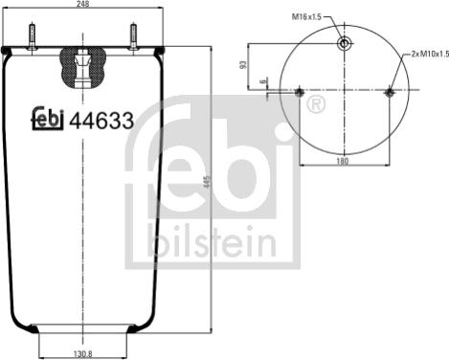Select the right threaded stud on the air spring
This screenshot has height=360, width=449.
tap(133, 36)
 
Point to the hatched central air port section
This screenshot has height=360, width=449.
tap(83, 65)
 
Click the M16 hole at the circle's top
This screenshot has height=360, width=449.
tap(344, 43)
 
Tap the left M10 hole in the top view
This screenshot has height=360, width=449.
tap(300, 92)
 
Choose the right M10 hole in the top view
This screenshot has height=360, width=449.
tap(389, 92)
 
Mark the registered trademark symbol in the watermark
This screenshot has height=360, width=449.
tap(313, 102)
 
